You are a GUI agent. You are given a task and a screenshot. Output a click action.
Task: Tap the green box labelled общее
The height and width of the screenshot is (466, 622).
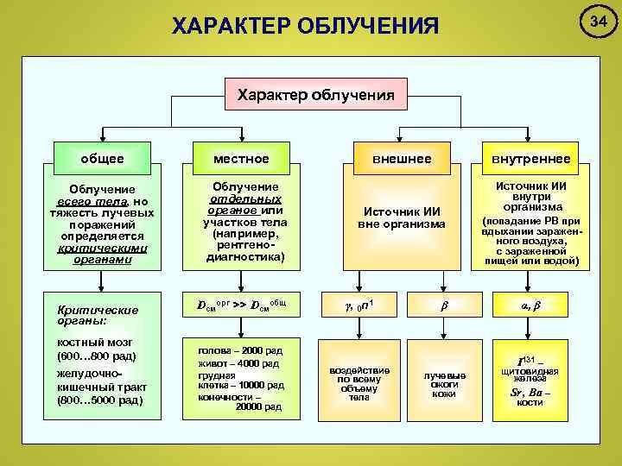tap(102, 159)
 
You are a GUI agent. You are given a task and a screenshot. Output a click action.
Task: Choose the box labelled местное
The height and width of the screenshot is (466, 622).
tap(243, 159)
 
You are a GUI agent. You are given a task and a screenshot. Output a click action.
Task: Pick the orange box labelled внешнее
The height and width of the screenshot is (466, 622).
tap(402, 159)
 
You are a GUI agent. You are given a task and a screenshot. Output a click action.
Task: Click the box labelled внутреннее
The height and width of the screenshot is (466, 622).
tap(530, 159)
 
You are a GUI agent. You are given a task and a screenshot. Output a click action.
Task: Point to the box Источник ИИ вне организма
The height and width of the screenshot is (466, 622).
tap(402, 217)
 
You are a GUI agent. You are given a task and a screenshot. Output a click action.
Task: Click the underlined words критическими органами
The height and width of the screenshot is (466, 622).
tap(103, 253)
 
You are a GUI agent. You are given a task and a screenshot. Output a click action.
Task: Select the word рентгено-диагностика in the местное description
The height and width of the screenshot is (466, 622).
tap(243, 251)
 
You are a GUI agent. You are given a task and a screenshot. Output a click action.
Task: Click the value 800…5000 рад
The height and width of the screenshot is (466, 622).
tap(92, 400)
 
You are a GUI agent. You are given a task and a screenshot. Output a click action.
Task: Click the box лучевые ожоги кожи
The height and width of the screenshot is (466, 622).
tap(444, 384)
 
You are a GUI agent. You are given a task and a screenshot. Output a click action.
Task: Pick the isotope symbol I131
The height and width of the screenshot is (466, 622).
tap(525, 359)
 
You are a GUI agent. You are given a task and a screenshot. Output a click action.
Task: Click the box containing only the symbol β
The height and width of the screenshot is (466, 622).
tap(444, 305)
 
